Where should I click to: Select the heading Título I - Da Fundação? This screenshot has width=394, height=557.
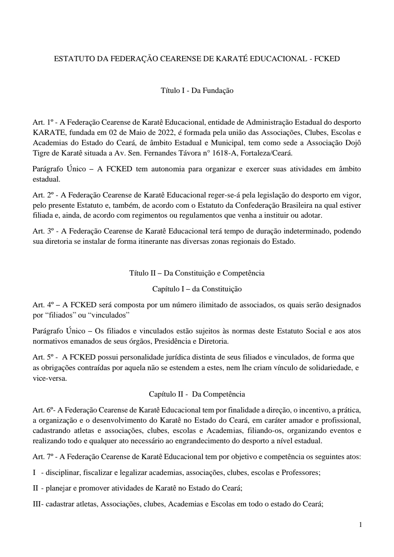pos(197,91)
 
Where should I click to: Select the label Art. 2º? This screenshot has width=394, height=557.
pos(43,195)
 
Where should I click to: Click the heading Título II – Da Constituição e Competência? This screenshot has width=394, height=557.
pos(197,273)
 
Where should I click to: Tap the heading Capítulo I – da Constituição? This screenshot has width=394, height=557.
pos(197,289)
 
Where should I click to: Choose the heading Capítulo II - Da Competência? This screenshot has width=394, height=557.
pos(197,394)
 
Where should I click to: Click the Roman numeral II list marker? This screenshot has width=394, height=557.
pos(36,488)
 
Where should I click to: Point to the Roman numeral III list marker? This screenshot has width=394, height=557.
pos(37,504)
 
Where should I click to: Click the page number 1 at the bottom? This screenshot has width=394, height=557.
pos(361,525)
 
